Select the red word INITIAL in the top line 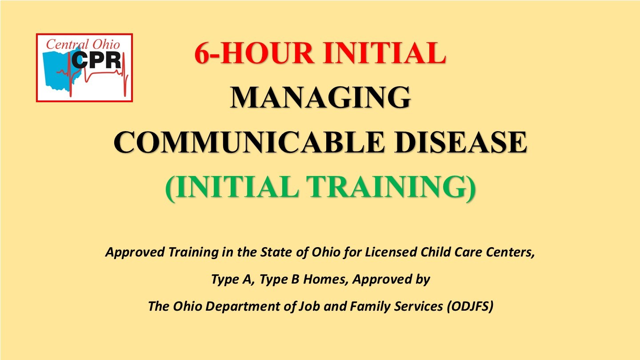pos(384,53)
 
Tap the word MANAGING pos(320,97)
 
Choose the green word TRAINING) pos(393,187)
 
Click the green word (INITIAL pos(232,187)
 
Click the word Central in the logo pos(63,44)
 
